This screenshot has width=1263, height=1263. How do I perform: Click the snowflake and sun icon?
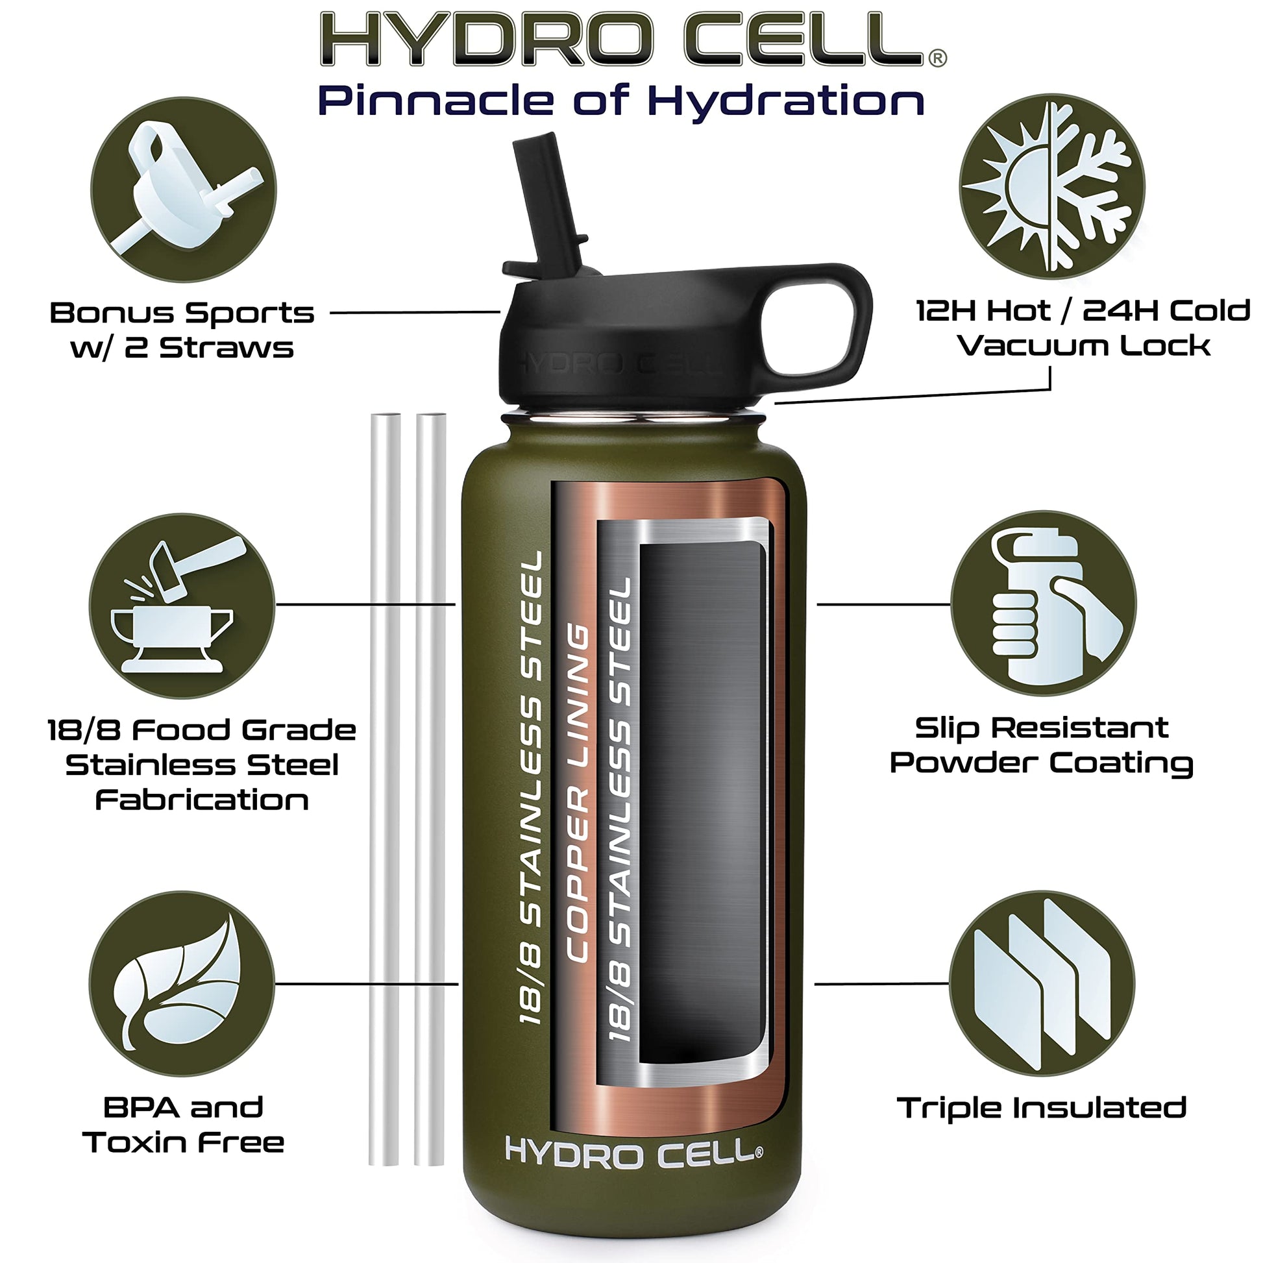point(1052,186)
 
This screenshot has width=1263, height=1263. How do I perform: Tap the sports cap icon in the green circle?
point(184,190)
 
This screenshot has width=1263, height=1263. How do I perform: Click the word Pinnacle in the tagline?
point(437,101)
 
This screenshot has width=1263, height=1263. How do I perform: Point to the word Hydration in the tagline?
point(786,102)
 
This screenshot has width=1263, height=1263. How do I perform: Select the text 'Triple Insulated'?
point(1042,1107)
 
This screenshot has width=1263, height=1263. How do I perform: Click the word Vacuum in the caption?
point(1031,345)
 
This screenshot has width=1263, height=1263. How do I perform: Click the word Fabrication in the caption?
point(202,800)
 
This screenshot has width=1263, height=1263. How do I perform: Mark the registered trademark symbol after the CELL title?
point(937,59)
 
